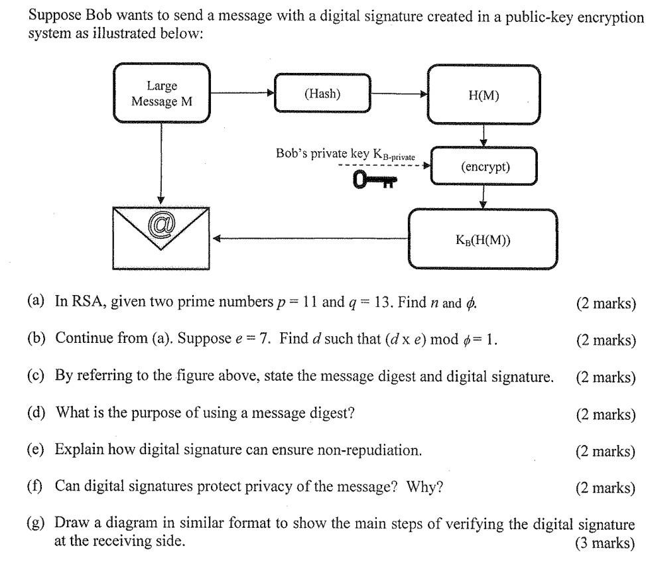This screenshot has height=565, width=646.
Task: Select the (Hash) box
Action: (x=322, y=94)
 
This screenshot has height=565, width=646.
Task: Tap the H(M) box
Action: (x=483, y=95)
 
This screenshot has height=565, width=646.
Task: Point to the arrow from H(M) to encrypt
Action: (x=484, y=136)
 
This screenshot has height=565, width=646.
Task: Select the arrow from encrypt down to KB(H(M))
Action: (x=484, y=196)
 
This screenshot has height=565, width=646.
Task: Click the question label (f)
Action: (x=34, y=487)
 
